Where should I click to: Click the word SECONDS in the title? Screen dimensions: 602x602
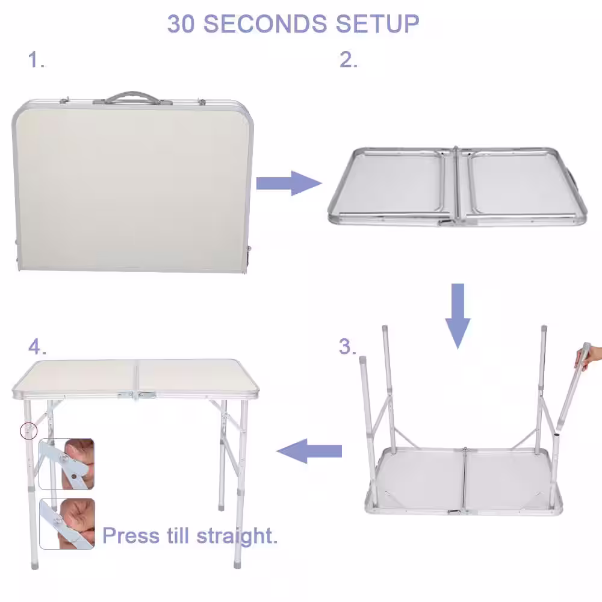pyautogui.click(x=265, y=24)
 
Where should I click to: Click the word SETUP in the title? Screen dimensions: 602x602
pyautogui.click(x=377, y=24)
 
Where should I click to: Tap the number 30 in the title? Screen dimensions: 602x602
pyautogui.click(x=181, y=24)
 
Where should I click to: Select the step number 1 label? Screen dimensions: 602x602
pyautogui.click(x=36, y=60)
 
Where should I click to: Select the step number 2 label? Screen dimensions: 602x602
pyautogui.click(x=348, y=60)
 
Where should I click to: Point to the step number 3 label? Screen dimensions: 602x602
pyautogui.click(x=347, y=346)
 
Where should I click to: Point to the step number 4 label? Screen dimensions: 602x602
pyautogui.click(x=37, y=346)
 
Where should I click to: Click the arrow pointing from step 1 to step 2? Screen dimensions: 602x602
pyautogui.click(x=289, y=183)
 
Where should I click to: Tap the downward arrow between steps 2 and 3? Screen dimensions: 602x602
pyautogui.click(x=458, y=315)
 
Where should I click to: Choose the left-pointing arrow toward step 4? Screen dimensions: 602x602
pyautogui.click(x=309, y=451)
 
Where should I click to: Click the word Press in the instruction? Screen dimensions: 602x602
pyautogui.click(x=131, y=536)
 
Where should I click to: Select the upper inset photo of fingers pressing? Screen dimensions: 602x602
pyautogui.click(x=67, y=464)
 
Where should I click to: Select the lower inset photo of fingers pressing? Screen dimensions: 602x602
pyautogui.click(x=67, y=524)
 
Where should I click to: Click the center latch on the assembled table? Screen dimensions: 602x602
pyautogui.click(x=137, y=395)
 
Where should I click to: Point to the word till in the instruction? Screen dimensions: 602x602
pyautogui.click(x=178, y=535)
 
